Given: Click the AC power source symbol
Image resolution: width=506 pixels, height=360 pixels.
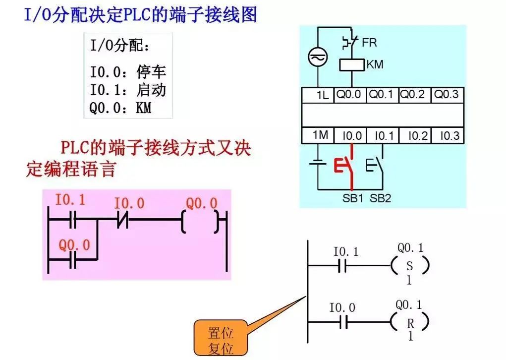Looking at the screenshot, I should (x=316, y=58).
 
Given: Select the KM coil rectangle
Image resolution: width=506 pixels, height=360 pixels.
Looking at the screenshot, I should (x=351, y=64).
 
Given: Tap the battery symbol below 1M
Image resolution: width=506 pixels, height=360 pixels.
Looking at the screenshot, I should (x=317, y=164).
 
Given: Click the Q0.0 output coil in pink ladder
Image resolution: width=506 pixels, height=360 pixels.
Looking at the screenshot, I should (x=201, y=222).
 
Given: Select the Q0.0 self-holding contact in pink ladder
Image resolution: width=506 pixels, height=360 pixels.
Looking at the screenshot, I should (x=73, y=260).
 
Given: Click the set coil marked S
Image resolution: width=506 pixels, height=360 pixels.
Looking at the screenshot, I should (x=409, y=266).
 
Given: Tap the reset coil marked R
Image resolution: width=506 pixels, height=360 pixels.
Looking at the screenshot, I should (x=409, y=323).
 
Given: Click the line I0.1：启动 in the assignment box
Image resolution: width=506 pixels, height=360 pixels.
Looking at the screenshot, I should (x=127, y=90).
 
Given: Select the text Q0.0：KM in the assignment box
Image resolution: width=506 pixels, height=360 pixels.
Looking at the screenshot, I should (x=120, y=108).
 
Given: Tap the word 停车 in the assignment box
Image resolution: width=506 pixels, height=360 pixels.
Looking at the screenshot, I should (x=151, y=72).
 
